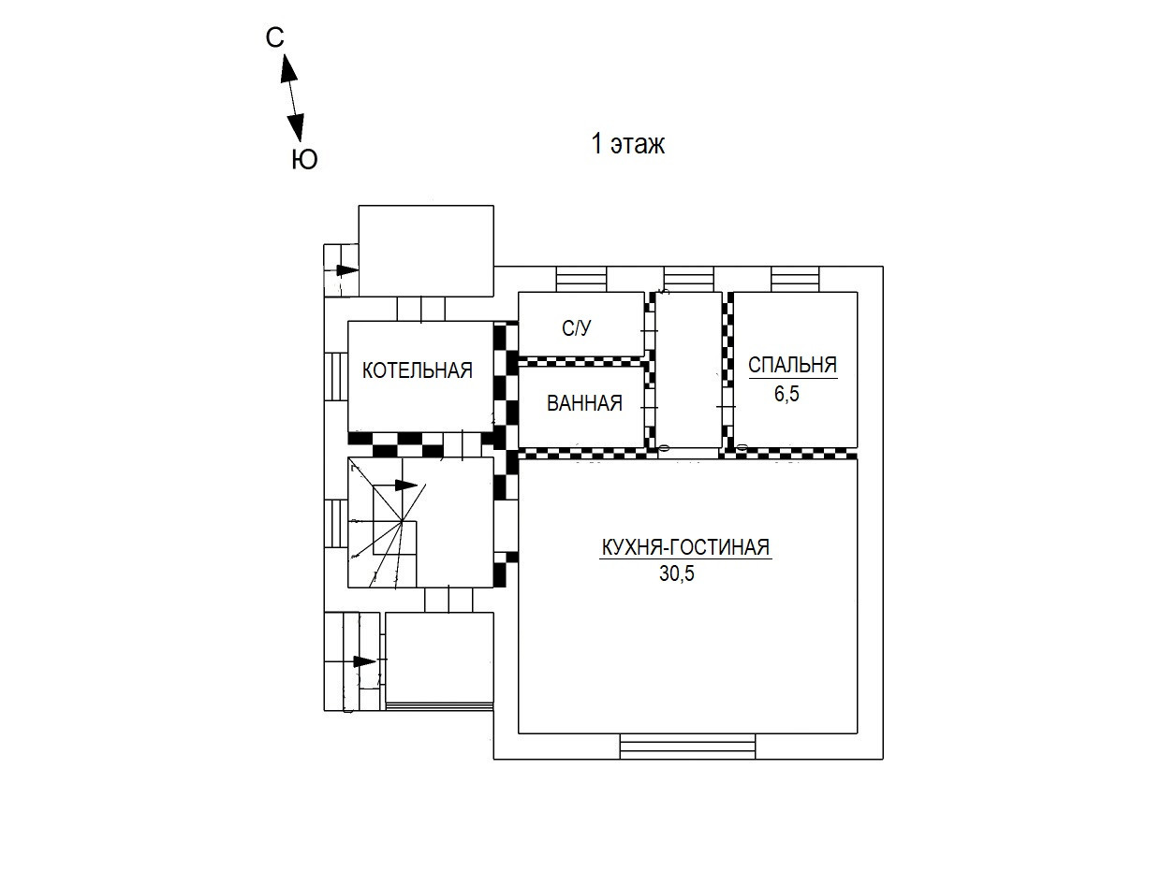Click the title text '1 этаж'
click(x=627, y=145)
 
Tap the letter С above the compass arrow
click(x=274, y=37)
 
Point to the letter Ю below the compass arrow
click(x=304, y=160)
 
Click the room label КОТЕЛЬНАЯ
click(x=418, y=370)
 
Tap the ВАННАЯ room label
click(x=584, y=403)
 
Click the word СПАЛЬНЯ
click(x=792, y=365)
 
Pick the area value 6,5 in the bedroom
click(x=786, y=393)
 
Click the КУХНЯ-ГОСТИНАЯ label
click(x=684, y=547)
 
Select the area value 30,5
click(x=677, y=574)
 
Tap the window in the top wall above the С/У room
click(x=581, y=279)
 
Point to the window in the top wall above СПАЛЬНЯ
click(x=796, y=279)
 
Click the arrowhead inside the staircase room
click(x=405, y=486)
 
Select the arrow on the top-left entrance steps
click(x=345, y=270)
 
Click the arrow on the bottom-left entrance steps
click(x=363, y=661)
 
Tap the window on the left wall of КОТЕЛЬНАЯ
click(x=335, y=376)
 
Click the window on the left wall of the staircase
click(x=335, y=522)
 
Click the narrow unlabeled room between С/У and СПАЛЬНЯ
click(x=688, y=370)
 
